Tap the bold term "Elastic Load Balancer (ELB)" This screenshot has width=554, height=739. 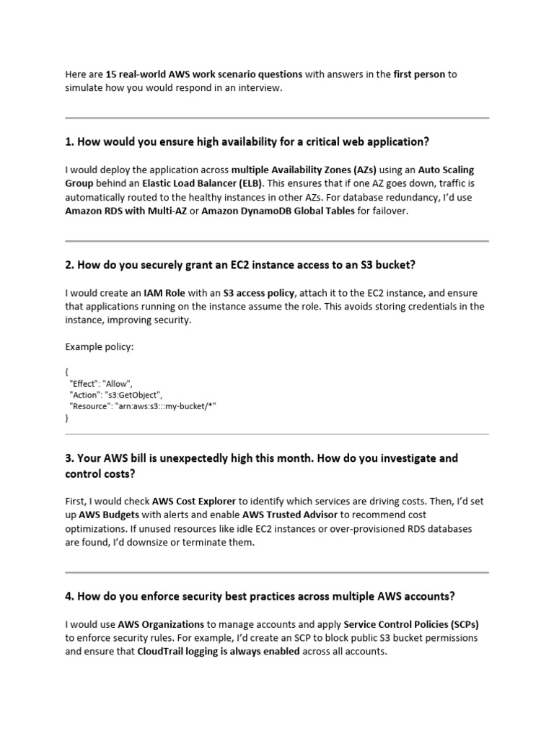click(203, 183)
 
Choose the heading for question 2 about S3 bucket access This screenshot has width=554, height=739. click(240, 265)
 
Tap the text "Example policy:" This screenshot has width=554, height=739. click(100, 347)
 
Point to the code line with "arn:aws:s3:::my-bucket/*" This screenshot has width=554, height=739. click(142, 406)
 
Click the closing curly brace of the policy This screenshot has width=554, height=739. click(67, 417)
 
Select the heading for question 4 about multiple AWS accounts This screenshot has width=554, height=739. click(260, 596)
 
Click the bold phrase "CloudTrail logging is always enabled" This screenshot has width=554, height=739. click(218, 651)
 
